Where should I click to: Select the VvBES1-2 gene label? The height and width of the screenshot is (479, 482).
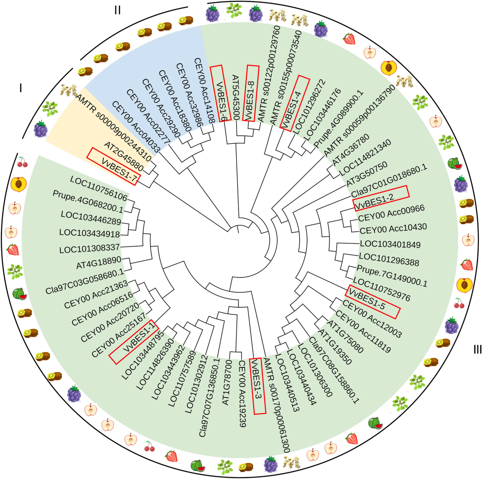point(381,198)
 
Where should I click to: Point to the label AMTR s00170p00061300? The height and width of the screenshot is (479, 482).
point(277,406)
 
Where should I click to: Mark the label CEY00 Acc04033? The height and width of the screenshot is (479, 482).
point(136,127)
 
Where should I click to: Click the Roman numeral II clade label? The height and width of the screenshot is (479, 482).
point(117,10)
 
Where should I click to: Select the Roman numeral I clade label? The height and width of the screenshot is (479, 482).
point(21,88)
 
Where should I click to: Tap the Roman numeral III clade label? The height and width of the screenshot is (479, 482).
point(477,350)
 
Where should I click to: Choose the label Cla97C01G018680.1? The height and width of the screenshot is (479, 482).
point(389,181)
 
